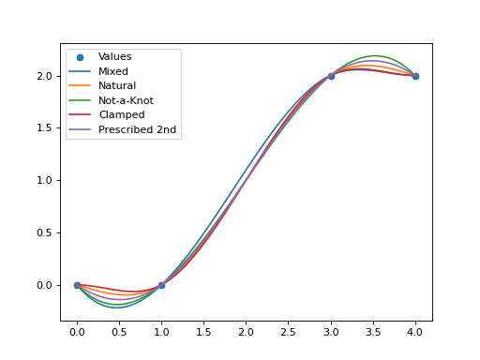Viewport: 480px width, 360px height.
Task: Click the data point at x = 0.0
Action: (77, 285)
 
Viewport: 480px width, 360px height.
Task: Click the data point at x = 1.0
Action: (161, 285)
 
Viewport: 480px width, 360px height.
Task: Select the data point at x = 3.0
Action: (331, 75)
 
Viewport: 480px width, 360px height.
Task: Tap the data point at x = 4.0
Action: (415, 75)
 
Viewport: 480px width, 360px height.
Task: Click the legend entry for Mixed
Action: (113, 71)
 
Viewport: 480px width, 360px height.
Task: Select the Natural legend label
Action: (117, 85)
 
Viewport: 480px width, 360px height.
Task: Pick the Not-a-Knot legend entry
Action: (126, 100)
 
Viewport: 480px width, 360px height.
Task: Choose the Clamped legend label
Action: (119, 114)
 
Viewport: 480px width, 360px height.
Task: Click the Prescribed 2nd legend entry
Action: (136, 129)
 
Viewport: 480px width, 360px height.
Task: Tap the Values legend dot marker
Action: (80, 57)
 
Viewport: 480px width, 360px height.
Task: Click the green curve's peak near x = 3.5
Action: (374, 56)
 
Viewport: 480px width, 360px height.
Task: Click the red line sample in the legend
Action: (80, 114)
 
